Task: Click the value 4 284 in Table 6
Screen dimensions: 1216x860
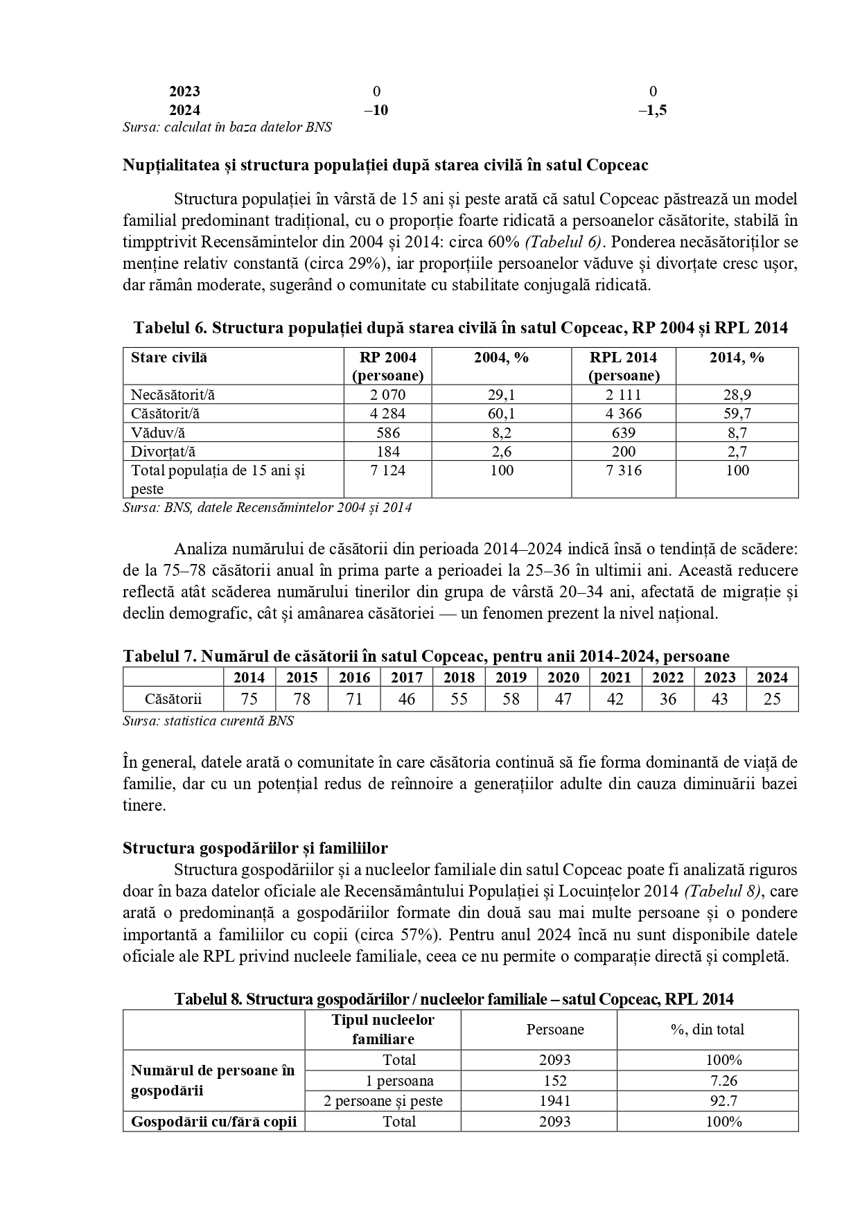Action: click(387, 414)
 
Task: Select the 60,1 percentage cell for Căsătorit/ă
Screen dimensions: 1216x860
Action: click(501, 414)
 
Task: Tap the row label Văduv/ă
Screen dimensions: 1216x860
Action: click(158, 433)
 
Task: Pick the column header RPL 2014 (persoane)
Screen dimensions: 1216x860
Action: click(623, 367)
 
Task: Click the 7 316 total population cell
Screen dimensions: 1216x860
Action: click(623, 470)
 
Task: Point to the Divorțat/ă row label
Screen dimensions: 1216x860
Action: click(164, 452)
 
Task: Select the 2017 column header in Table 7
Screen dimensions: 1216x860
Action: click(407, 678)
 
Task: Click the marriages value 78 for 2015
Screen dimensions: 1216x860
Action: click(301, 700)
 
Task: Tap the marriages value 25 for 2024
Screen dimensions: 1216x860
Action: click(772, 700)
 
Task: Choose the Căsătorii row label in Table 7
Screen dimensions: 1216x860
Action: click(173, 700)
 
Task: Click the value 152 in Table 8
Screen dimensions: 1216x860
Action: click(555, 1081)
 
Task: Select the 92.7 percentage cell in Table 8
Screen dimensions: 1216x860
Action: click(723, 1101)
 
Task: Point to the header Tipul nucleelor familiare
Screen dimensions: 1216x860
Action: click(383, 1030)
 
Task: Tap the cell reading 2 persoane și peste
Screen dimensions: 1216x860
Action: click(383, 1101)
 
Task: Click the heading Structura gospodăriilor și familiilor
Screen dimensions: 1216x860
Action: click(255, 848)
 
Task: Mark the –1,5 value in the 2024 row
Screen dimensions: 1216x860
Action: click(652, 110)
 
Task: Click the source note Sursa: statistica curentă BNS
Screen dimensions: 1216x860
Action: click(208, 721)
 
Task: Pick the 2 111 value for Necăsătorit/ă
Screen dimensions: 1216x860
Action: click(623, 395)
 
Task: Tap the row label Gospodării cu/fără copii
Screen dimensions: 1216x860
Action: click(213, 1122)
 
